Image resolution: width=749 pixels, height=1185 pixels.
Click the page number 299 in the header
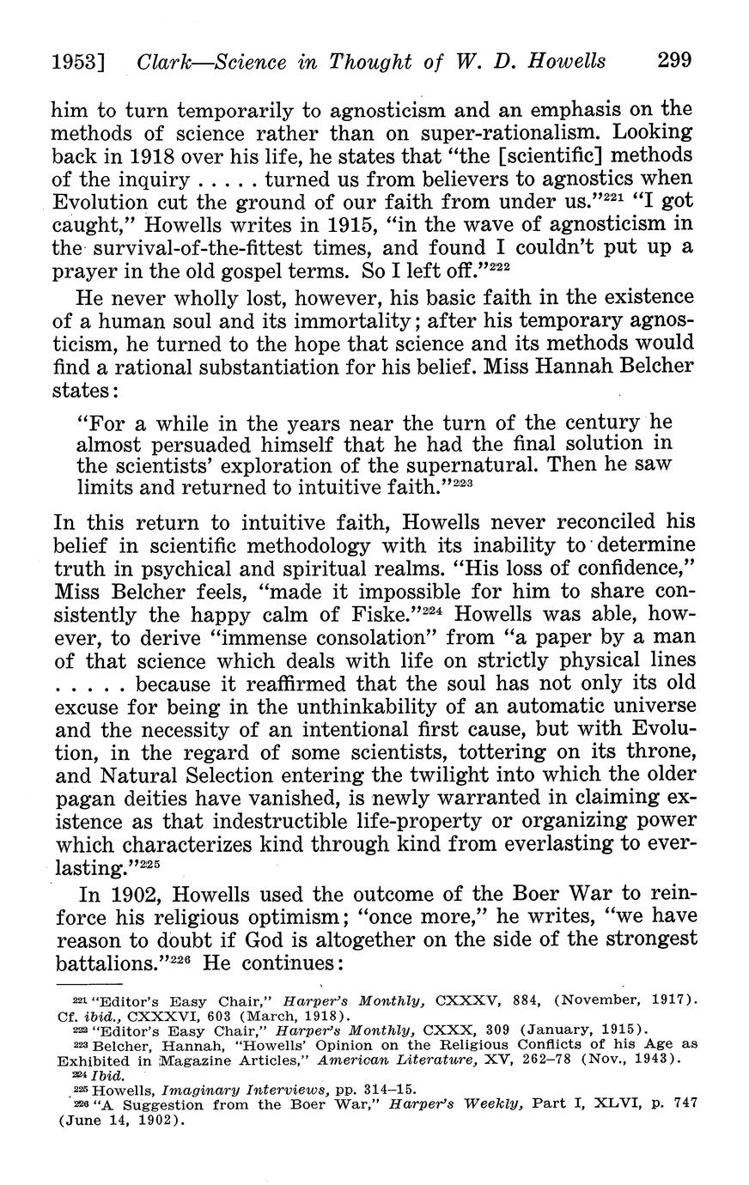coord(674,61)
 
